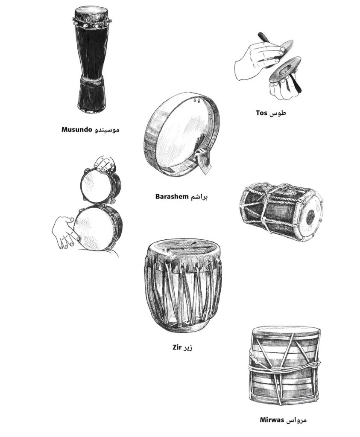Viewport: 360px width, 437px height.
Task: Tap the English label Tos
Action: pyautogui.click(x=261, y=113)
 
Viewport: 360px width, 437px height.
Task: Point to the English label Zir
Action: pyautogui.click(x=177, y=347)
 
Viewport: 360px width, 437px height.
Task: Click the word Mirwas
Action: pyautogui.click(x=272, y=420)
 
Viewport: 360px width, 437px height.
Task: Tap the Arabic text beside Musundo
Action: pyautogui.click(x=107, y=129)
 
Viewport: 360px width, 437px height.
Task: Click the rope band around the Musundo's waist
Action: pyautogui.click(x=91, y=80)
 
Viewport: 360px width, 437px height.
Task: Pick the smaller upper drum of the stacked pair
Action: pyautogui.click(x=98, y=186)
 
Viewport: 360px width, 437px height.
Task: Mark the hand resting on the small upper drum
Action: pyautogui.click(x=105, y=163)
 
